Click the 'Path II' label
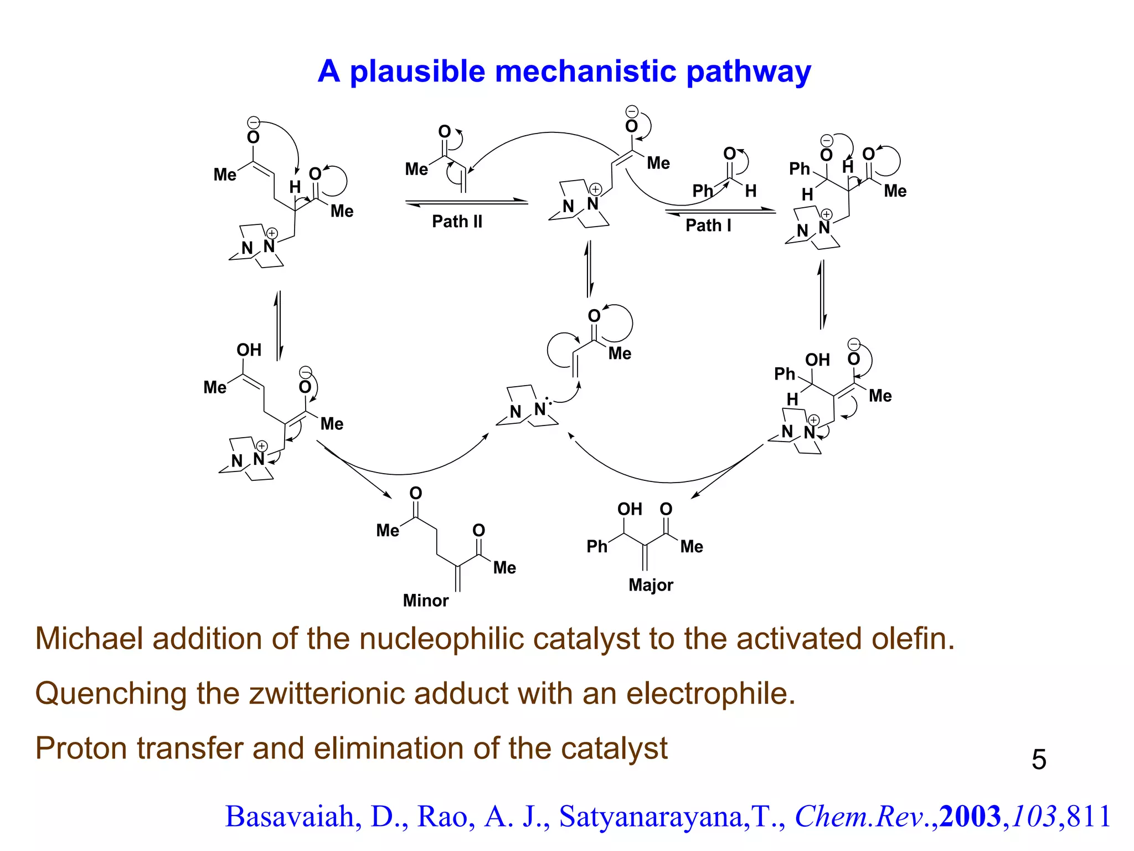click(457, 222)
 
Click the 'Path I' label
click(708, 225)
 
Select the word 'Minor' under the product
click(425, 601)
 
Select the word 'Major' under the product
click(651, 585)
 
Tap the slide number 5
click(1039, 760)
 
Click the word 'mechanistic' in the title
click(585, 71)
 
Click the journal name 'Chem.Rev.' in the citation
click(866, 817)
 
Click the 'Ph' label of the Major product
click(597, 547)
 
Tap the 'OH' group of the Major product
click(630, 510)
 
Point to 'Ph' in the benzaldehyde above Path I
click(703, 191)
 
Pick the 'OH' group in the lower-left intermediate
click(249, 350)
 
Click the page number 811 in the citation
click(1089, 817)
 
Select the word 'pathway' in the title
click(748, 71)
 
